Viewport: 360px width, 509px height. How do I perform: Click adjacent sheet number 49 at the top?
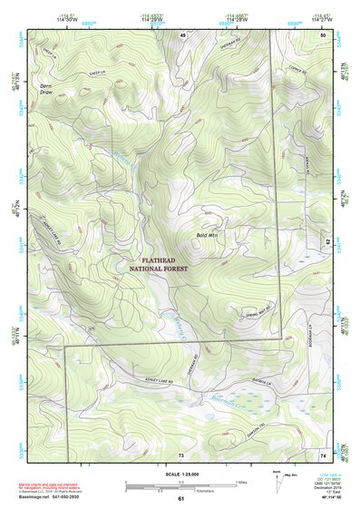[x=181, y=34]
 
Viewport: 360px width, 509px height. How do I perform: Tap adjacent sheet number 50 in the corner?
[x=325, y=34]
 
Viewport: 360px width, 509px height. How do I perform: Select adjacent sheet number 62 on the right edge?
[x=326, y=241]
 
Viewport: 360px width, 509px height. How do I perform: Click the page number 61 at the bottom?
[x=181, y=499]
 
